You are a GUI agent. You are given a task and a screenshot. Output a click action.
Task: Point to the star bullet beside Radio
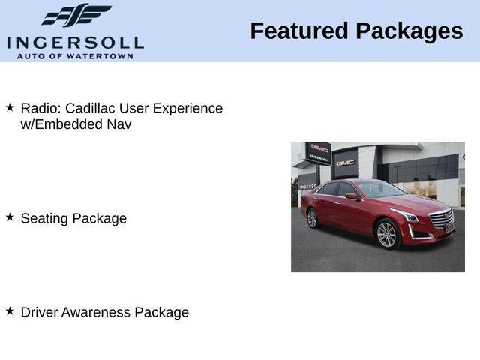coord(10,107)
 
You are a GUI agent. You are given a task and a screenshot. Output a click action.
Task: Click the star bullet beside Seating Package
coord(10,217)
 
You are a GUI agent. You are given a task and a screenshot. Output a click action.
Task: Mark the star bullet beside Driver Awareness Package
coord(10,310)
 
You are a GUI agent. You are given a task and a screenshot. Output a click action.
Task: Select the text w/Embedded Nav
coord(76,124)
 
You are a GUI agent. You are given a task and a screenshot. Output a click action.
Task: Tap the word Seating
coord(44,218)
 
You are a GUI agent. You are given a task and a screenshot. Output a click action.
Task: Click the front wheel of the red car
coord(386,234)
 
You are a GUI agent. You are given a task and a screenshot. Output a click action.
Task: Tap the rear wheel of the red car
coord(312,217)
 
